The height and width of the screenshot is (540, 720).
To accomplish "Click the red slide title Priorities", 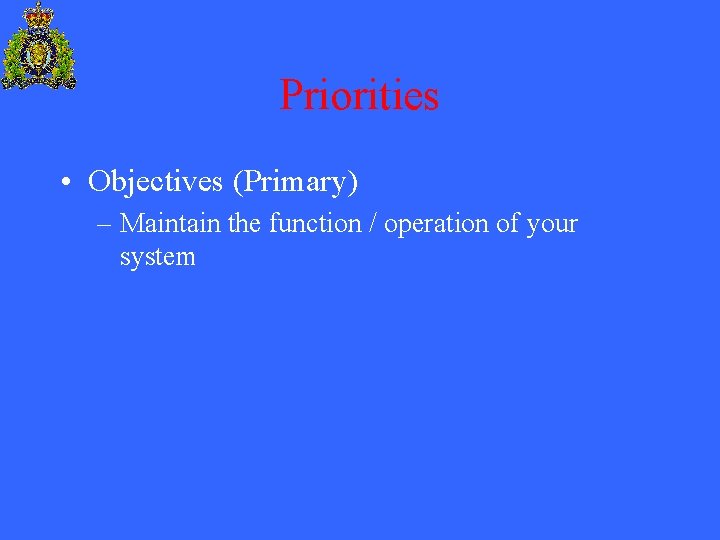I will [359, 96].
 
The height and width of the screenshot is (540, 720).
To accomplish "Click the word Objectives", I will [156, 182].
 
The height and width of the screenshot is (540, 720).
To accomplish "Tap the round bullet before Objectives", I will [64, 183].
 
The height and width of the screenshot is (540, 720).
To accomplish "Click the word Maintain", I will [171, 223].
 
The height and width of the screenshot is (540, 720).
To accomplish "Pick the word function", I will [315, 223].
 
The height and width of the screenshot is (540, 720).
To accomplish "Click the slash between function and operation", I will [372, 223].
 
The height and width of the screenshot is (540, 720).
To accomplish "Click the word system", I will [157, 258].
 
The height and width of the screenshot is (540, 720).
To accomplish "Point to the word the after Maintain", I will [245, 223].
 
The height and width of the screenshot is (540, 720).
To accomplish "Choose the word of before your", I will [507, 223].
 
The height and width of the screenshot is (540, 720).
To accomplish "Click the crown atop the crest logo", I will [39, 15].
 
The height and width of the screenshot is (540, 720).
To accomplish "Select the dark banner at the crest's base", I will [39, 84].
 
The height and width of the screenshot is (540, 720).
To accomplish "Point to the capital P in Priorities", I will [291, 96].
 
